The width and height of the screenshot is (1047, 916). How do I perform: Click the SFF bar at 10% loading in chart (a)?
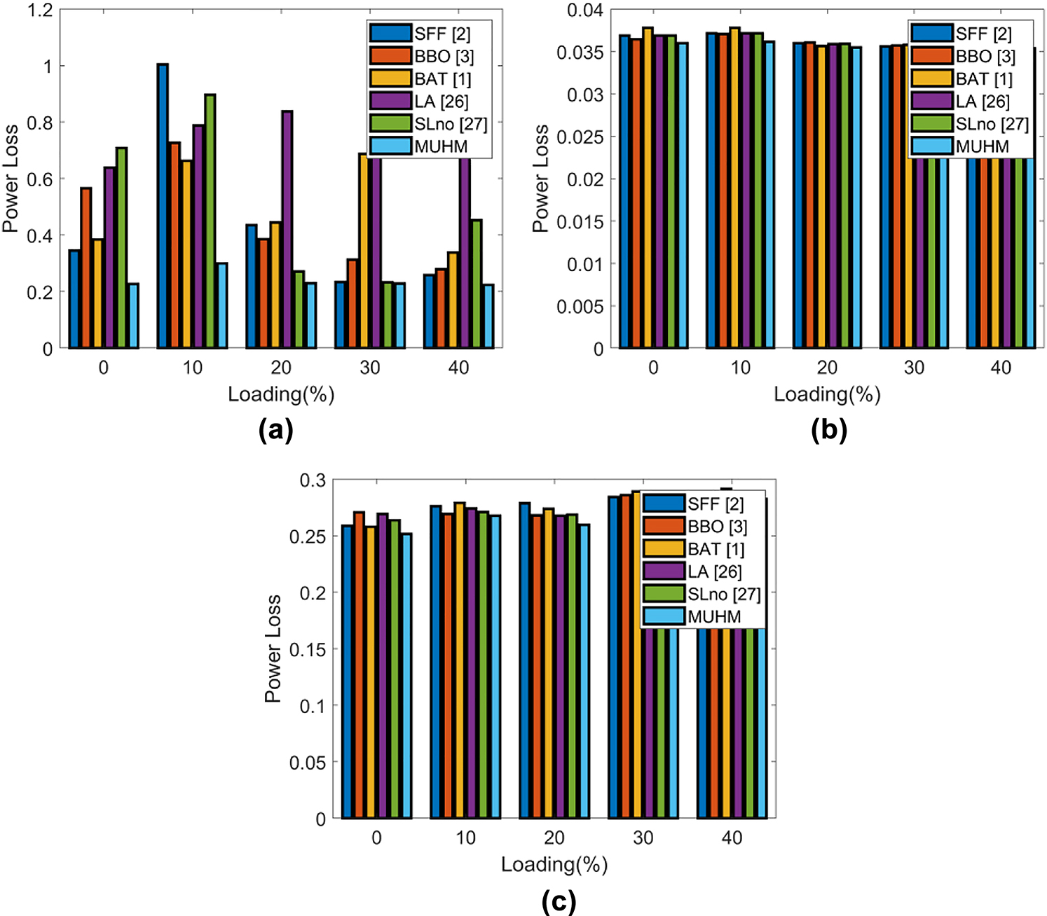point(163,207)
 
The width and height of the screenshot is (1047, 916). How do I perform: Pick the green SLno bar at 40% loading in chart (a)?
point(477,284)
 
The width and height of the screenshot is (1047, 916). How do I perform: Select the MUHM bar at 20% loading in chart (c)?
point(584,672)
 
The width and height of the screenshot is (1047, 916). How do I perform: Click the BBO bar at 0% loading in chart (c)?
point(359,665)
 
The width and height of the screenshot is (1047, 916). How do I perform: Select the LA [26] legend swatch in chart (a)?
point(390,102)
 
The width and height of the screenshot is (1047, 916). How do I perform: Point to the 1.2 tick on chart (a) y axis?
point(40,10)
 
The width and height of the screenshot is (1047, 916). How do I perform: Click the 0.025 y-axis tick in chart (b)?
point(580,137)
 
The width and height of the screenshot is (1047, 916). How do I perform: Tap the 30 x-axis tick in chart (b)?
point(914,368)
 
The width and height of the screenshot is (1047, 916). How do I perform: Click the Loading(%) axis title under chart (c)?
point(554,864)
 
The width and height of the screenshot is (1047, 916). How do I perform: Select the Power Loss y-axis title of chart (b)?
point(540,179)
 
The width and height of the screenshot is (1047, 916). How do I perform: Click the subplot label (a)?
point(275,429)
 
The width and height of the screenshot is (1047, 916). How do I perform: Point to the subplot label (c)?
point(559,900)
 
